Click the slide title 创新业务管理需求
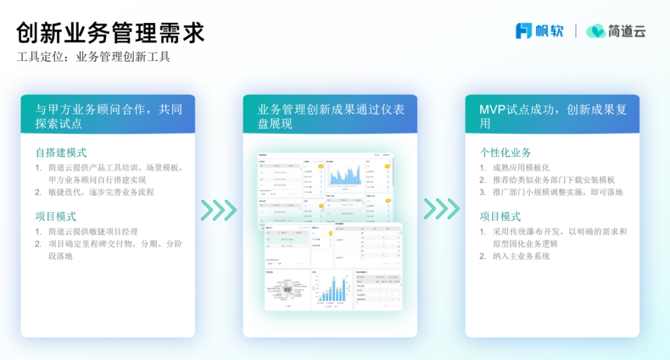[x=110, y=32]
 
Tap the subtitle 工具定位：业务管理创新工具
[x=93, y=58]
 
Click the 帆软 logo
[x=540, y=30]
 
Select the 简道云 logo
[x=616, y=30]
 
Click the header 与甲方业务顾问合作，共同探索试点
[x=109, y=116]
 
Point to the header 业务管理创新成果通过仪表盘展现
[x=331, y=116]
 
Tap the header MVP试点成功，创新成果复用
[x=553, y=116]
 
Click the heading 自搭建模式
[x=61, y=152]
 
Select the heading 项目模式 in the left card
[x=56, y=217]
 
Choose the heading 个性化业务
[x=505, y=152]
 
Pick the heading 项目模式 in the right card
[x=500, y=217]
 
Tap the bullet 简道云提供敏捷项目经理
[x=93, y=232]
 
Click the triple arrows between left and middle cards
[x=218, y=210]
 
